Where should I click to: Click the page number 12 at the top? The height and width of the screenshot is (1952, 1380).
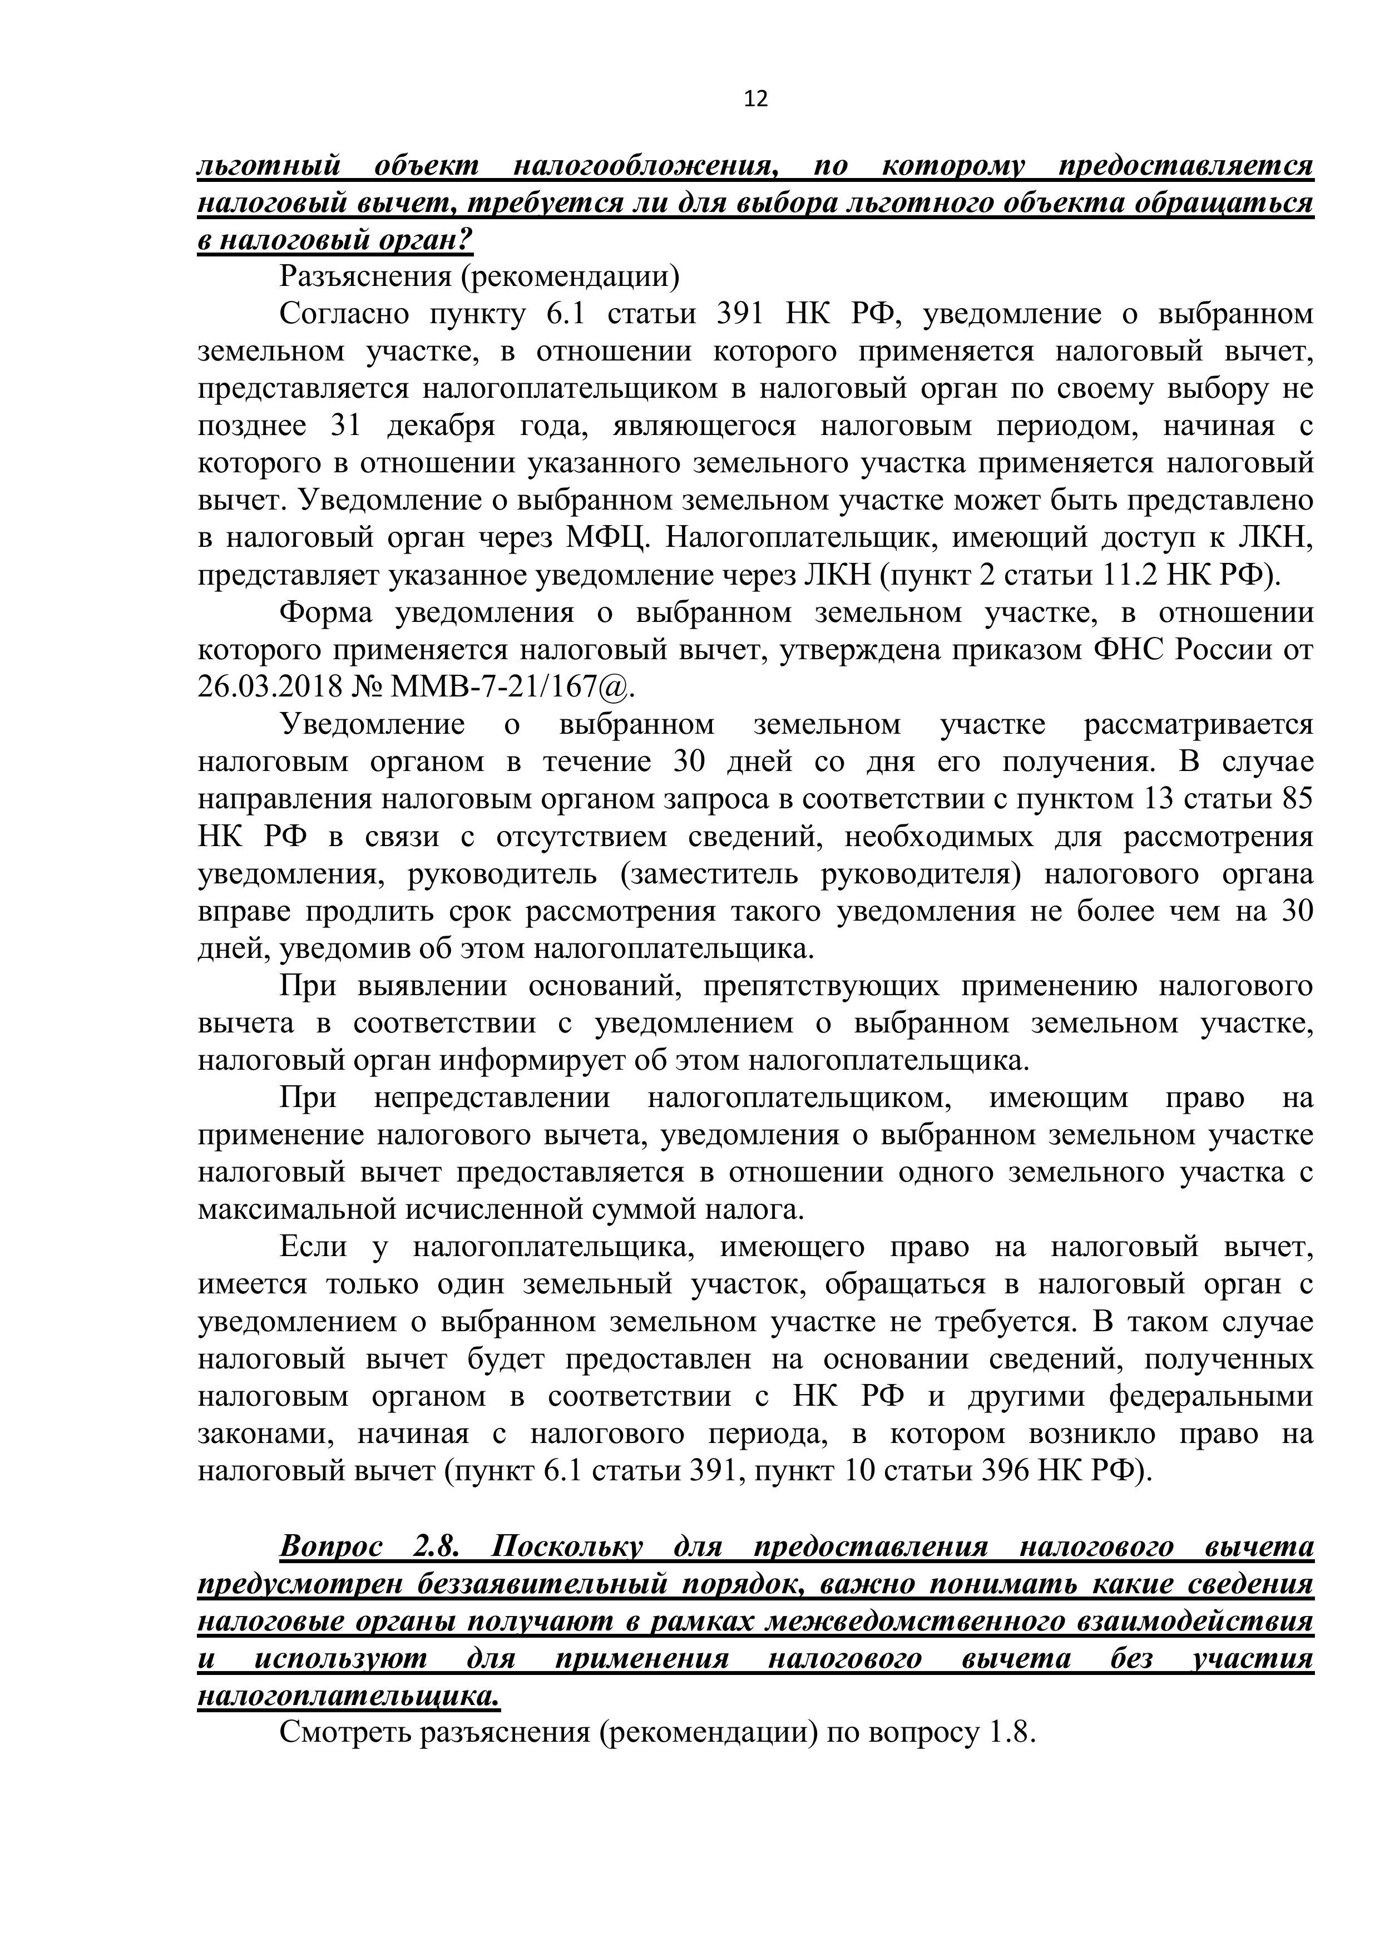[x=755, y=100]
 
